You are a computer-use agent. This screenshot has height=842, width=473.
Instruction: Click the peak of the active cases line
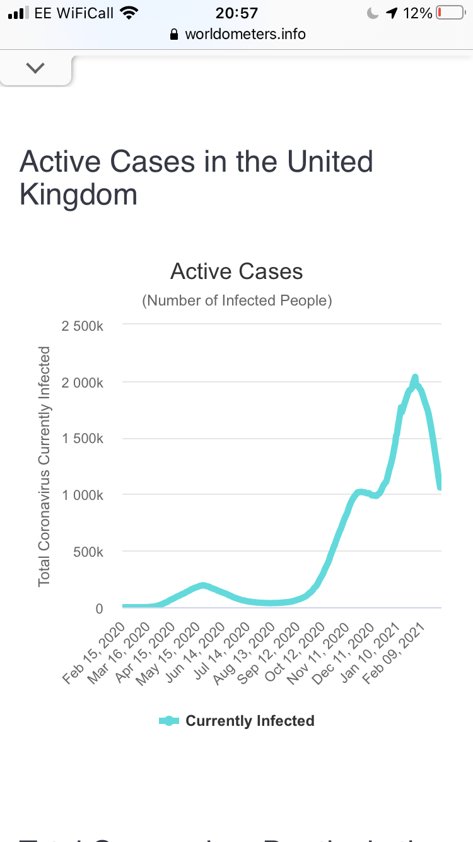coord(415,377)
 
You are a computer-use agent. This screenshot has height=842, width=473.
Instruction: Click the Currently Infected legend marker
coord(168,721)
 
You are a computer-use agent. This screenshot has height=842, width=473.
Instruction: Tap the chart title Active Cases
coord(237,271)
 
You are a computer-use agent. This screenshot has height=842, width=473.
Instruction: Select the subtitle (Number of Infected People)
coord(237,300)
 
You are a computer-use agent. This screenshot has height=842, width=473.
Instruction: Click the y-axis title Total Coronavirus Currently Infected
coord(44,466)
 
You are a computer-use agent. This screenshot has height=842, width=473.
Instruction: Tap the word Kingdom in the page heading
coord(79,194)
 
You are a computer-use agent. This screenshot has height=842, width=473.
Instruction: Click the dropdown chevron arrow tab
coord(35,68)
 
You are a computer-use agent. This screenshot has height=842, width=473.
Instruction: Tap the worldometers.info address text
coord(245,34)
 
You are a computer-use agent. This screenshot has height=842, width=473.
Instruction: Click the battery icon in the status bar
coord(450,13)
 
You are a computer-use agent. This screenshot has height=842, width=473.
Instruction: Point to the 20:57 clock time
coord(237,13)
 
